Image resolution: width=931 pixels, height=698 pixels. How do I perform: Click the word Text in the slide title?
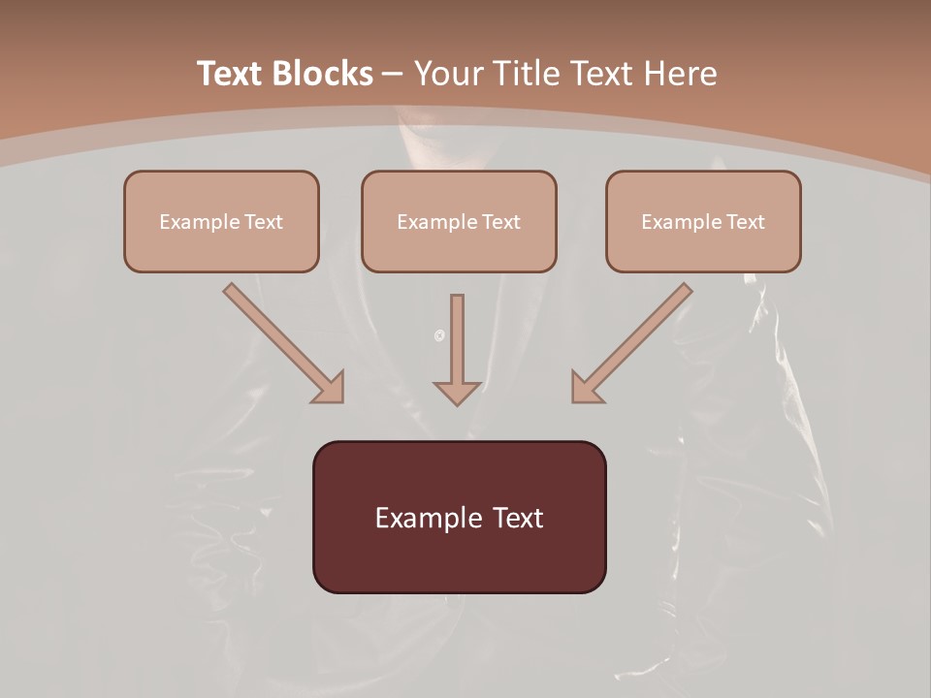(x=230, y=74)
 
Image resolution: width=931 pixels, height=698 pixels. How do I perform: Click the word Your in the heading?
(x=448, y=74)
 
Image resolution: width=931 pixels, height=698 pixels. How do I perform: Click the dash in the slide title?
(x=393, y=75)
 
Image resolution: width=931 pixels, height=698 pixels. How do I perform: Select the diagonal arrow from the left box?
(x=276, y=336)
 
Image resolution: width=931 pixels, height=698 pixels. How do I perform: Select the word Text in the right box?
(x=745, y=222)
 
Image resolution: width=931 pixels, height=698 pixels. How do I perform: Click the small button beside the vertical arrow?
(x=439, y=335)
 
